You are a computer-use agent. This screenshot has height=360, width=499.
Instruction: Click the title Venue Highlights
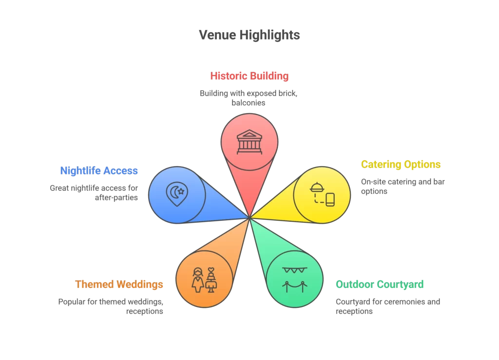(249, 35)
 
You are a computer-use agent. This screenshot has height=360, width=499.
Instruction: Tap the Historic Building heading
(249, 76)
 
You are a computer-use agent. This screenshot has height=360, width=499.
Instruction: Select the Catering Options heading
(401, 165)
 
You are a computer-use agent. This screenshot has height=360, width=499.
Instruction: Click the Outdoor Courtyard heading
(380, 284)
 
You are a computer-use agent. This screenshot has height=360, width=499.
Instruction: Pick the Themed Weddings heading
(119, 284)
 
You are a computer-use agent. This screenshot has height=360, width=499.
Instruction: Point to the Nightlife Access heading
(99, 171)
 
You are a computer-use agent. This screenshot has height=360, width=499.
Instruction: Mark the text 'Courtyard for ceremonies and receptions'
(387, 306)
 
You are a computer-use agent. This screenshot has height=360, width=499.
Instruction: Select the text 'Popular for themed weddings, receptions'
(111, 306)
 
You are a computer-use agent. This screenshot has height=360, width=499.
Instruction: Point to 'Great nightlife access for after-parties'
(94, 192)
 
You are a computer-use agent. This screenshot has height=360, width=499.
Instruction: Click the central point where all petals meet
(249, 218)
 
